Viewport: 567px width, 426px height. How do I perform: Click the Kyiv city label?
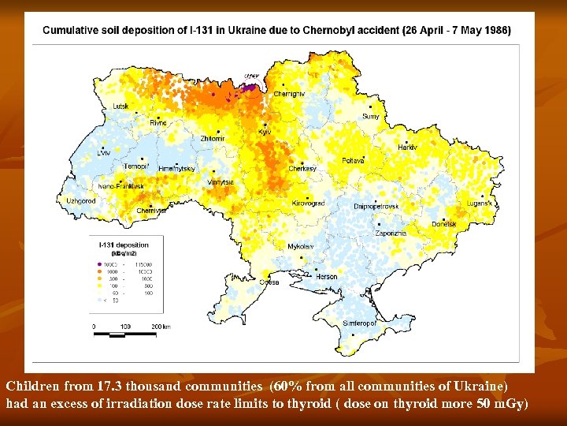click(265, 132)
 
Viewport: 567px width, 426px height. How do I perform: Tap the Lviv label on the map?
click(104, 152)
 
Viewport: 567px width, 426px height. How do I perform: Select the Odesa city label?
click(269, 282)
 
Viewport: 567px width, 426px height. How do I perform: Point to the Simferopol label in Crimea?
click(358, 323)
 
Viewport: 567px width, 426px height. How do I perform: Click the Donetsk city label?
click(443, 224)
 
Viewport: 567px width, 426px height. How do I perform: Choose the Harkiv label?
click(407, 148)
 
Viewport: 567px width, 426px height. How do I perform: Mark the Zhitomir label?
click(213, 138)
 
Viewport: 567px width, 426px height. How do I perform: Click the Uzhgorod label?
click(80, 201)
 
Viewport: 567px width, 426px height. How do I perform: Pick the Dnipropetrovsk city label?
click(376, 206)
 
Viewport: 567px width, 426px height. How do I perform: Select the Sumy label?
click(370, 116)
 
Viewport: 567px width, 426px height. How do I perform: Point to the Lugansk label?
click(479, 203)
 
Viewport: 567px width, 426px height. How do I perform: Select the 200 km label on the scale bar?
click(159, 326)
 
